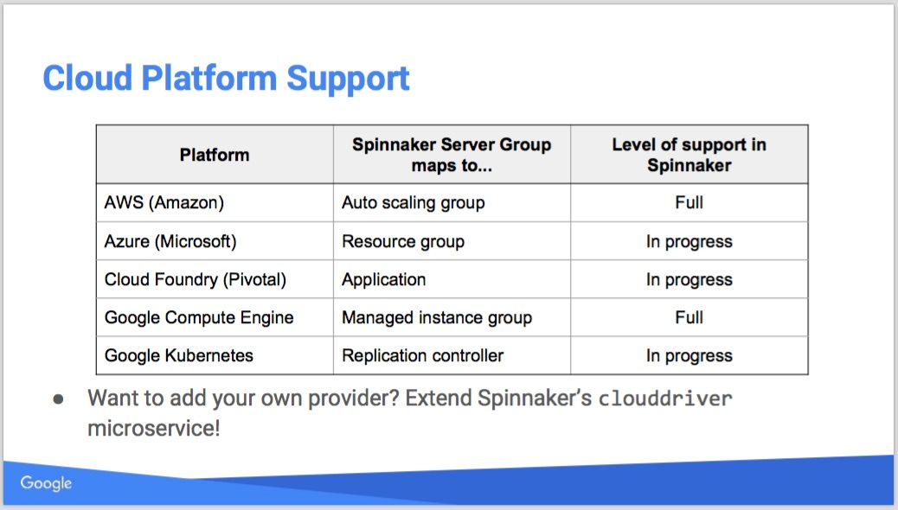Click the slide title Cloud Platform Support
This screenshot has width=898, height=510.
226,79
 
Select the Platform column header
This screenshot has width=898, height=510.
215,155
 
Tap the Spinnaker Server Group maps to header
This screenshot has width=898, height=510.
452,155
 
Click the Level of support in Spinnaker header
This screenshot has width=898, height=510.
689,155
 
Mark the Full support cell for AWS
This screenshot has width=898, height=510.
689,202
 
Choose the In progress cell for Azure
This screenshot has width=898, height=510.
689,241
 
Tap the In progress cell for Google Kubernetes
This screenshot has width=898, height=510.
689,355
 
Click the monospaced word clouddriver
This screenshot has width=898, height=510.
665,398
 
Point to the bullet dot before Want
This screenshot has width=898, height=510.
59,399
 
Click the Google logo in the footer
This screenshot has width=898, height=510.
47,483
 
